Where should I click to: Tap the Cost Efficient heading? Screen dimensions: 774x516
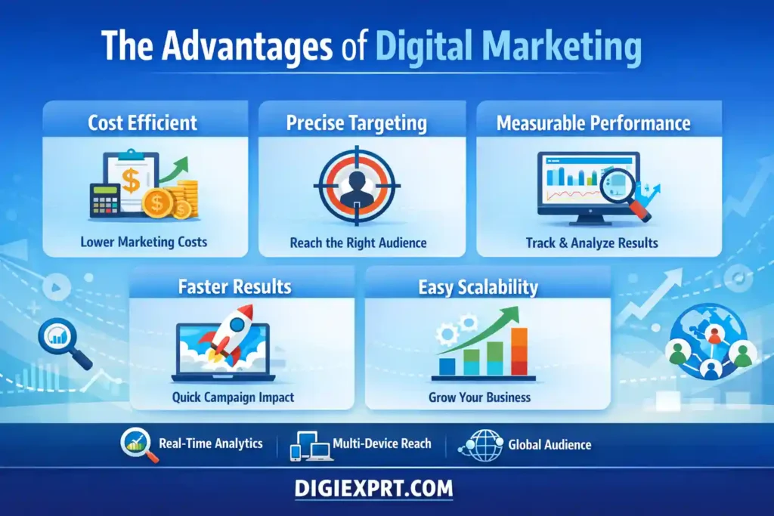(x=143, y=123)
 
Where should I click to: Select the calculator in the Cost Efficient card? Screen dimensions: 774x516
(x=104, y=201)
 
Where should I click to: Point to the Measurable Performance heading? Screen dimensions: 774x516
(x=593, y=123)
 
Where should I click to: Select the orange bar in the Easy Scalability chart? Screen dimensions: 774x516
(x=519, y=352)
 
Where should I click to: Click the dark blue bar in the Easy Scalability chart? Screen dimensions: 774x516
(x=447, y=366)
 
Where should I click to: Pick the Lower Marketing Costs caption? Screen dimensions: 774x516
(x=144, y=243)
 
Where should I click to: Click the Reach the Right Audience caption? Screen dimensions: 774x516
(x=358, y=243)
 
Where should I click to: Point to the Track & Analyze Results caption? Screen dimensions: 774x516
(x=592, y=243)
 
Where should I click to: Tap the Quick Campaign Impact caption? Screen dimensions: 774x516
(x=233, y=397)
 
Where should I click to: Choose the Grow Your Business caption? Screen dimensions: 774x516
(x=480, y=397)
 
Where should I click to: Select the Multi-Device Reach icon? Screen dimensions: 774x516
(x=311, y=446)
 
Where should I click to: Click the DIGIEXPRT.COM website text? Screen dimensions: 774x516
(x=373, y=489)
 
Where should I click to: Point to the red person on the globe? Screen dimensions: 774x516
(x=714, y=335)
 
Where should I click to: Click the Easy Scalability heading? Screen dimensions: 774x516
(x=478, y=287)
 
